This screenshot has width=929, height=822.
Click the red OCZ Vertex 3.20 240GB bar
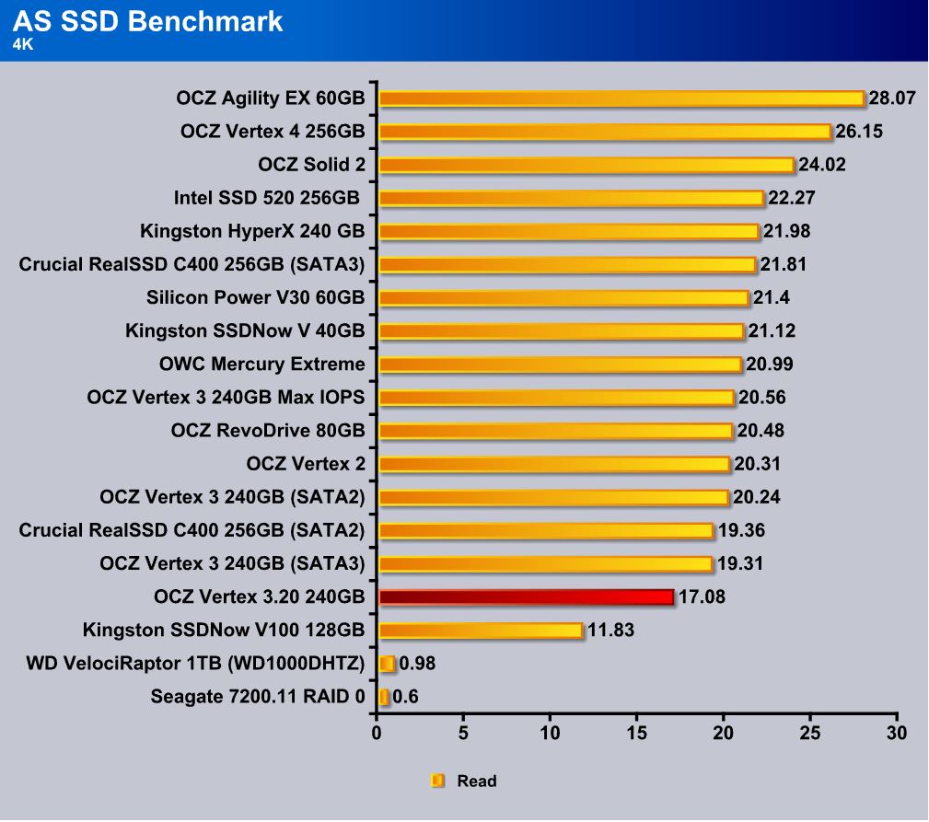click(526, 597)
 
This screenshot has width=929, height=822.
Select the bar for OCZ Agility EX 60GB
click(621, 98)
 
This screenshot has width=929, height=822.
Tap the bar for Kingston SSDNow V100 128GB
click(481, 631)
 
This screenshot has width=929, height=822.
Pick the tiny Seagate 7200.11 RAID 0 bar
click(383, 697)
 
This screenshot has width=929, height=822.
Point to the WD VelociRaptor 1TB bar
click(387, 664)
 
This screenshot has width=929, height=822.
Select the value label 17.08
click(702, 597)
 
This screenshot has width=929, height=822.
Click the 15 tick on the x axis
click(636, 734)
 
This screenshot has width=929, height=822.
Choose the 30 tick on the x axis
click(896, 734)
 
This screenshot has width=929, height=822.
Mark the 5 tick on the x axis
click(463, 734)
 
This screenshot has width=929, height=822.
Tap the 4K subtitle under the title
click(23, 43)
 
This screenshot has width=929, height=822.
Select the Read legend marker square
click(437, 781)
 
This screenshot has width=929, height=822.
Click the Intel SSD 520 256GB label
click(268, 198)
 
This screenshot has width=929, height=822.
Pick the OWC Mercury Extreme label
click(261, 365)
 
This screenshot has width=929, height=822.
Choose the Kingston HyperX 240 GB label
click(252, 231)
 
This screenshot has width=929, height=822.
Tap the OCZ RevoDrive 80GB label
click(268, 431)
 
